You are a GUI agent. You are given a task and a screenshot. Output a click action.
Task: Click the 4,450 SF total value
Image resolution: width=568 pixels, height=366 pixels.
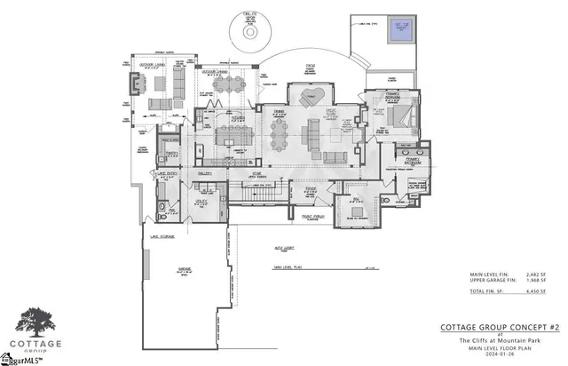536,291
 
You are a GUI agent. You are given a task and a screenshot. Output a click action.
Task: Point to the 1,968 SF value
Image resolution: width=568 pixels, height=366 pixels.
536,282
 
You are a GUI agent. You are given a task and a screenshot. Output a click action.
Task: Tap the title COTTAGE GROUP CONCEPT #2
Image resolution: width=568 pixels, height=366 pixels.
501,328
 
